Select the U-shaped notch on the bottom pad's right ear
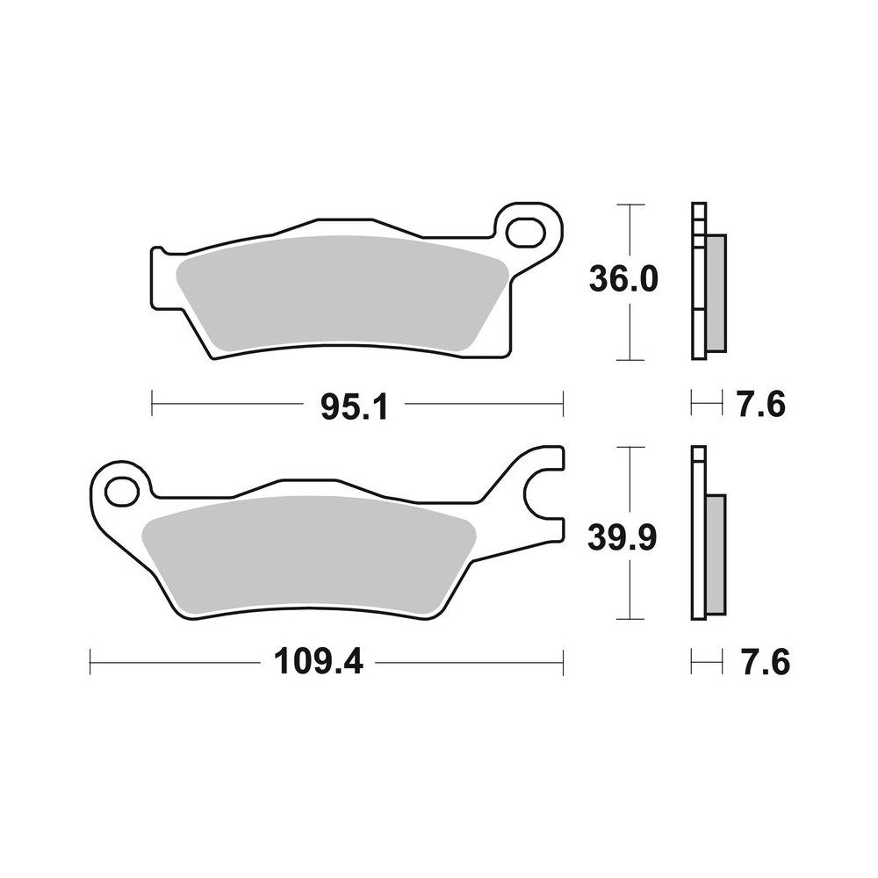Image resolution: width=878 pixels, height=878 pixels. click(x=543, y=496)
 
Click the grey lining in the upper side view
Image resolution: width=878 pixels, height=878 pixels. click(x=716, y=291)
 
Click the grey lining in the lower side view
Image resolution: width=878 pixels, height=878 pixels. click(x=716, y=553)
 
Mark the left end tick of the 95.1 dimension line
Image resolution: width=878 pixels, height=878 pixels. click(x=153, y=405)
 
